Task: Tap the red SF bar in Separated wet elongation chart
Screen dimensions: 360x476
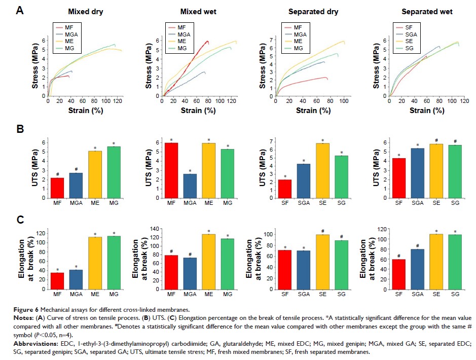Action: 399,274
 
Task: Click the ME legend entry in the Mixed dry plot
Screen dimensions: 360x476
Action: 71,42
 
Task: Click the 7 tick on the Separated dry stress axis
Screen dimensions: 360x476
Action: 270,39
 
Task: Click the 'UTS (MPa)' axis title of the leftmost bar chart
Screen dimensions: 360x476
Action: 35,163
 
